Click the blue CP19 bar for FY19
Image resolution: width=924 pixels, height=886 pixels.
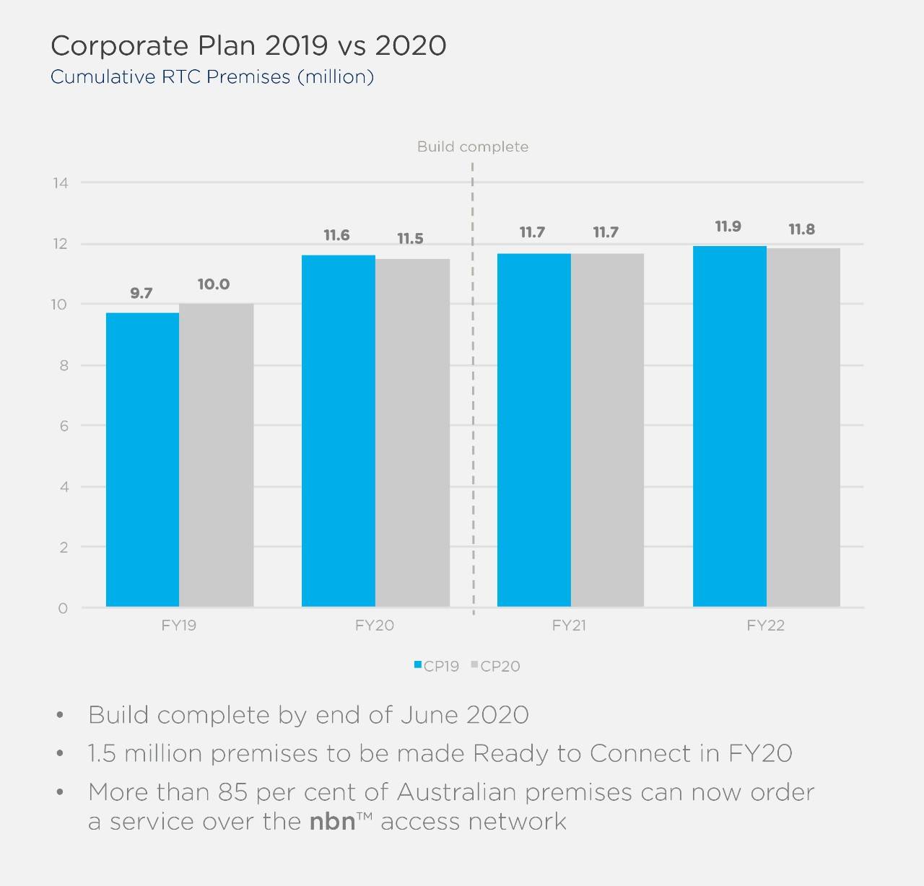click(142, 459)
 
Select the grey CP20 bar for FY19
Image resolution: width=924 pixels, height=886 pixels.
click(217, 455)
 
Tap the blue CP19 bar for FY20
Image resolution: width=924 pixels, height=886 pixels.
click(338, 430)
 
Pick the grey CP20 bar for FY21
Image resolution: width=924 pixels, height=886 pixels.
click(607, 429)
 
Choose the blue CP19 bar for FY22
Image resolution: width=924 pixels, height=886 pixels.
click(729, 426)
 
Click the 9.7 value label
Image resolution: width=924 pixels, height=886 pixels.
click(141, 293)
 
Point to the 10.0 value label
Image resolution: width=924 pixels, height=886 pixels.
click(214, 284)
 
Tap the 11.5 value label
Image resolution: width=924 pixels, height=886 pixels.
click(410, 239)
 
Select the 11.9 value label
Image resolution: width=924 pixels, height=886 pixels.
click(728, 227)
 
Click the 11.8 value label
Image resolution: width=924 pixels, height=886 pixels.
click(801, 229)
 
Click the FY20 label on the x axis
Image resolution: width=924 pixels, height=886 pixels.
click(374, 626)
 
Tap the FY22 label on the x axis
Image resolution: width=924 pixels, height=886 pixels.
click(765, 626)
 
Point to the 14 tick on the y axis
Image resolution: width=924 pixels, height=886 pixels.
click(60, 183)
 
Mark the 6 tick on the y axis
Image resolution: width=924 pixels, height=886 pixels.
click(63, 426)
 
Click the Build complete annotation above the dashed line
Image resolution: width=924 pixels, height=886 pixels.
click(473, 147)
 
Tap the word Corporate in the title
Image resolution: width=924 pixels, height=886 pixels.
click(119, 46)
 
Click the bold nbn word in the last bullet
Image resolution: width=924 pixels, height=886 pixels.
click(332, 822)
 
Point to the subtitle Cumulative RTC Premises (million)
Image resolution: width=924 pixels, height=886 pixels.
click(212, 76)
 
